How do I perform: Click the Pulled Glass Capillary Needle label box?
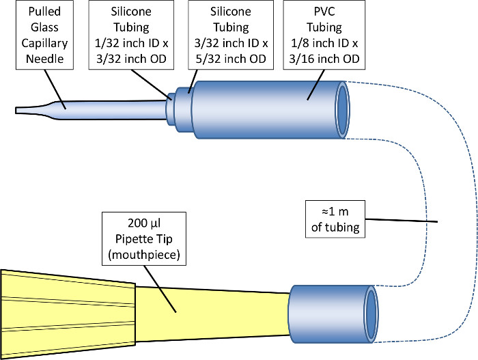pos(44,35)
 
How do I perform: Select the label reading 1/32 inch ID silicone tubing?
pos(131,35)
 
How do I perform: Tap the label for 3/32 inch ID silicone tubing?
pos(231,35)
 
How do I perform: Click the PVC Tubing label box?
pos(324,35)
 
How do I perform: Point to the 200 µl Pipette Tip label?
pos(144,238)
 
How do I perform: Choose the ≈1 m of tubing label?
pos(335,219)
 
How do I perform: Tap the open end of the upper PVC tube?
pos(342,110)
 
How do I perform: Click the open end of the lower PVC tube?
pos(371,314)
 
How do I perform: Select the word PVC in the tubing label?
pos(324,12)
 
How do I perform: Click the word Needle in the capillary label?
pos(44,59)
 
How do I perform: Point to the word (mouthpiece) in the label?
pos(144,254)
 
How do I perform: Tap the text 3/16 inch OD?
pos(324,59)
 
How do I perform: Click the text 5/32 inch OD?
pos(231,59)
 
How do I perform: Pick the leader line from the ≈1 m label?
pos(402,220)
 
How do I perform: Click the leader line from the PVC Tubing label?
pos(315,85)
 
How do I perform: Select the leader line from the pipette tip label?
pos(160,289)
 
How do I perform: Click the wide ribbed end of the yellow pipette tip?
pos(68,314)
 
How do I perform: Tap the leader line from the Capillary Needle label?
pos(55,89)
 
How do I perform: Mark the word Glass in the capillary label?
pos(44,27)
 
